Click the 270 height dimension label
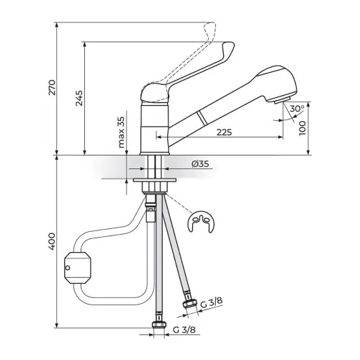(x=53, y=87)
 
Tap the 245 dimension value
(x=79, y=98)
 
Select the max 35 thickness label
(x=122, y=132)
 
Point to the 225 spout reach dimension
(x=225, y=132)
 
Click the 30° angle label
(x=297, y=109)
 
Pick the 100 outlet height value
(x=302, y=128)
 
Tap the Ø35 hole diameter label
(x=200, y=164)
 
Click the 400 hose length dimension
(x=53, y=240)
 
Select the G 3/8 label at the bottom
(x=184, y=330)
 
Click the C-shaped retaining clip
(x=201, y=222)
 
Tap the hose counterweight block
(x=78, y=267)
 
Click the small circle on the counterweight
(x=68, y=267)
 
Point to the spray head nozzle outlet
(x=282, y=101)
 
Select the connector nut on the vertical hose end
(x=158, y=325)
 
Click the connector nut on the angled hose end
(x=190, y=304)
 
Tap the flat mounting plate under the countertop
(x=155, y=180)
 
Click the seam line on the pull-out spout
(x=201, y=118)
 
